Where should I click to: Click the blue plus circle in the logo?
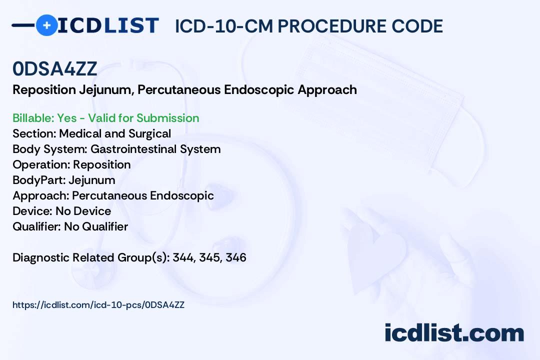coord(46,25)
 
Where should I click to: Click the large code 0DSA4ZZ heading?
coord(55,69)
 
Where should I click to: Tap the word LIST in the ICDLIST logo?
coord(131,25)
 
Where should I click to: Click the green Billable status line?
coord(105,118)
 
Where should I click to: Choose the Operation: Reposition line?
coord(71,164)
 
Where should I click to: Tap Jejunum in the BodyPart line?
coord(92,180)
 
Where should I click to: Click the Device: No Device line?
coord(62,211)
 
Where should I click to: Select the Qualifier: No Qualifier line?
coord(70,226)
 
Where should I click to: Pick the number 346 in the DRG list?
coord(236,257)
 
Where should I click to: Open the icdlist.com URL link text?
coord(98,305)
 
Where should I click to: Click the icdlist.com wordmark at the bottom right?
coord(454,333)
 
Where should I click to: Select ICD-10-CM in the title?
coord(224,26)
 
